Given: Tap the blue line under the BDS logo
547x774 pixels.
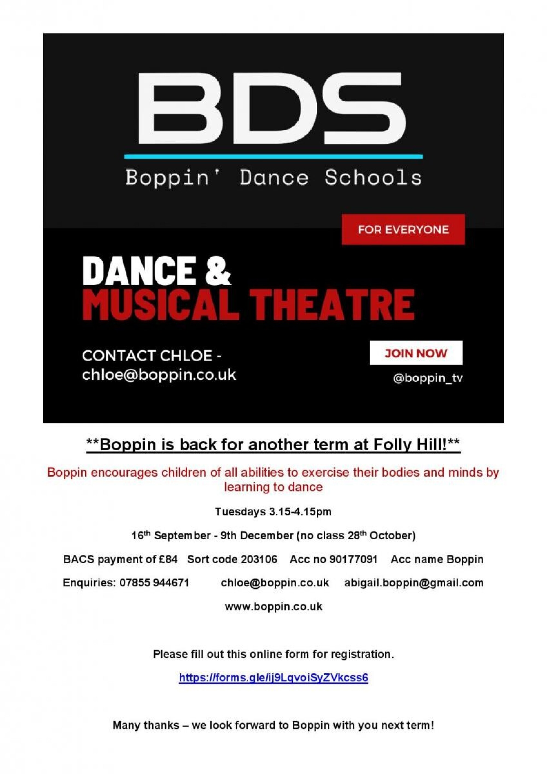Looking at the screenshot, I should click(273, 156).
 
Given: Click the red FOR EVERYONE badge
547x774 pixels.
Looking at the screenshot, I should click(403, 229).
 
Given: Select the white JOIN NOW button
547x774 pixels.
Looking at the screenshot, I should click(416, 353).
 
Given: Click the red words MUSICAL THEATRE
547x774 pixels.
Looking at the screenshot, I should click(248, 304).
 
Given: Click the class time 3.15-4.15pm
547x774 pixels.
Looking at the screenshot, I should click(300, 511).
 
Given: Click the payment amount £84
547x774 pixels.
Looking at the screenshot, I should click(168, 559).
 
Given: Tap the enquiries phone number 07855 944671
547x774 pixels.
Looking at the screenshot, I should click(154, 583).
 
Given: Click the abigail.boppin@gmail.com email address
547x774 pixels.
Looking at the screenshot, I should click(414, 583).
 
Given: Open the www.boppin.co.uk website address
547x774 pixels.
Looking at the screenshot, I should click(273, 606).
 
